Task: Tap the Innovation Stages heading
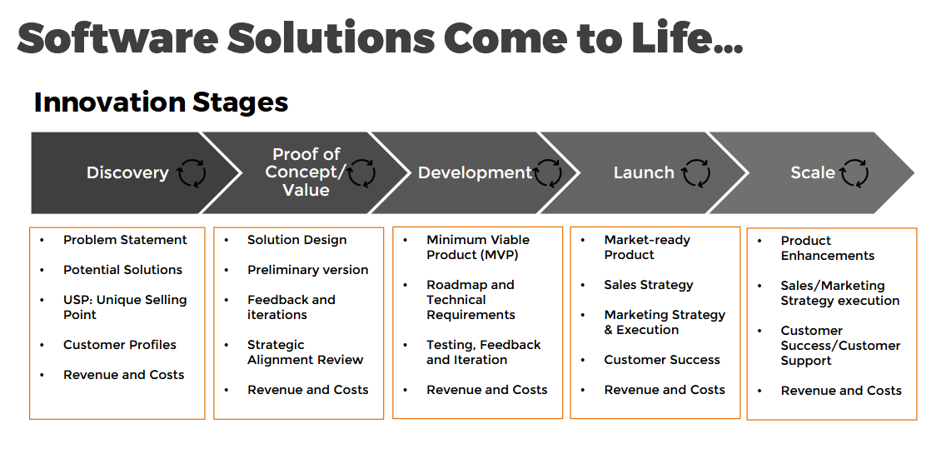pyautogui.click(x=161, y=102)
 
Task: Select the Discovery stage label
pyautogui.click(x=128, y=172)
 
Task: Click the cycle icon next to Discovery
pyautogui.click(x=192, y=172)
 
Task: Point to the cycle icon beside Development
pyautogui.click(x=547, y=172)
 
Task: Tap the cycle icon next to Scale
pyautogui.click(x=854, y=172)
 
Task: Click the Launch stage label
pyautogui.click(x=644, y=172)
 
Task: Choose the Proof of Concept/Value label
pyautogui.click(x=306, y=172)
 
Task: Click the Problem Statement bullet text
pyautogui.click(x=126, y=240)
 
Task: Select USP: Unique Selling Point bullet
pyautogui.click(x=126, y=307)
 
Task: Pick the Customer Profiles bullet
pyautogui.click(x=120, y=345)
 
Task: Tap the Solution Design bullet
pyautogui.click(x=297, y=240)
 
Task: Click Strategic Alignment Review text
pyautogui.click(x=306, y=352)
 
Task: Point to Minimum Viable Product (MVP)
pyautogui.click(x=478, y=247)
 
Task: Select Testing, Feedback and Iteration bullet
pyautogui.click(x=484, y=352)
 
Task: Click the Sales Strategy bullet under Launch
pyautogui.click(x=649, y=285)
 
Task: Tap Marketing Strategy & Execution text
pyautogui.click(x=665, y=322)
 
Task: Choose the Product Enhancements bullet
pyautogui.click(x=828, y=247)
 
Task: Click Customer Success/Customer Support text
pyautogui.click(x=841, y=346)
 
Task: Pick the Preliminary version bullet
pyautogui.click(x=308, y=270)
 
